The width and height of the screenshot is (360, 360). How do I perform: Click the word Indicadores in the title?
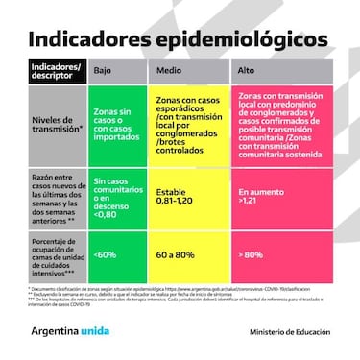(x=86, y=40)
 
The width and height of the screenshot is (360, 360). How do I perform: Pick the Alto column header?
(x=248, y=70)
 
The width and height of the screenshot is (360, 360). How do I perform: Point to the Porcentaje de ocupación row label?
(x=53, y=254)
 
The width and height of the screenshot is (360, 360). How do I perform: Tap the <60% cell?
(x=116, y=255)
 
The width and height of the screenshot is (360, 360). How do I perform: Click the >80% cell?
(x=284, y=255)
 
